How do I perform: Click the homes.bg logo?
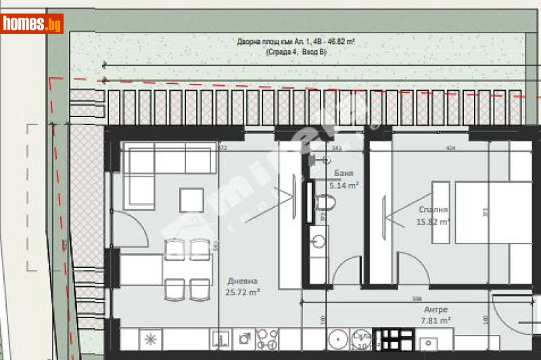32,24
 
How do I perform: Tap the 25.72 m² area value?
243,292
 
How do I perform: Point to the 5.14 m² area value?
343,185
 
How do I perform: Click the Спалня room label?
433,210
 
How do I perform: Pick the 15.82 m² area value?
433,221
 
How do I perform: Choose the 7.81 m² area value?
435,321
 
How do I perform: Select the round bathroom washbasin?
317,240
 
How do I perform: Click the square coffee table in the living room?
191,200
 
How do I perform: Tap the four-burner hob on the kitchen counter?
268,338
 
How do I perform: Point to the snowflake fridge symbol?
149,338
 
